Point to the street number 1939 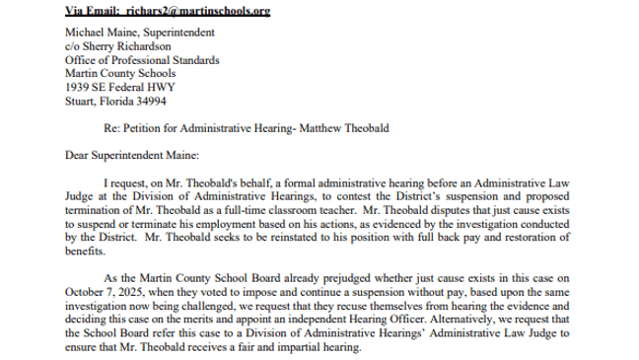[75, 85]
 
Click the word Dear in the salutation [76, 155]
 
